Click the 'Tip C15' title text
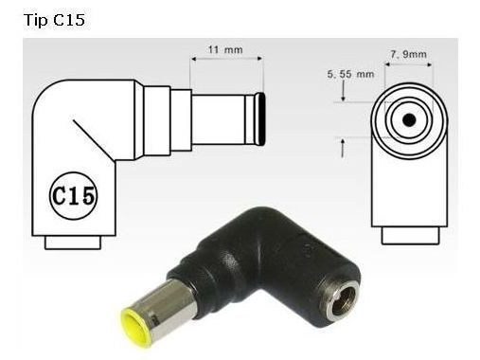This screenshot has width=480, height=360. click(54, 20)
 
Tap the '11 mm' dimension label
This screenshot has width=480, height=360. click(225, 50)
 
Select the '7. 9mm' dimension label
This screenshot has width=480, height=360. click(409, 54)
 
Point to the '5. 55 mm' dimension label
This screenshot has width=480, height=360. click(350, 74)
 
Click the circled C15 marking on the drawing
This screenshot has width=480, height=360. click(73, 196)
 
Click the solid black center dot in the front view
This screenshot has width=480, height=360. click(409, 120)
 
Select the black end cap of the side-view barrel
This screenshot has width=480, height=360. click(260, 118)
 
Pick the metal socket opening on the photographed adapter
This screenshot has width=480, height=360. click(341, 301)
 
